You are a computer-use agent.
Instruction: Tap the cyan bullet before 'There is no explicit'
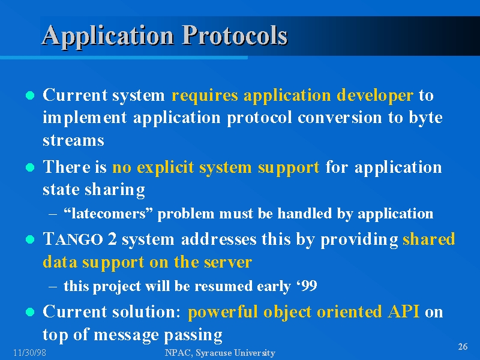(30, 167)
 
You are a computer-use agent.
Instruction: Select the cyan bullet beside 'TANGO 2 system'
(30, 239)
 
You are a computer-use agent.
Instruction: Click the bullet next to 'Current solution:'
(30, 312)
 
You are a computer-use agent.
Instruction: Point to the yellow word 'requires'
(205, 95)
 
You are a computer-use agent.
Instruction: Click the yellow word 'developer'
(375, 95)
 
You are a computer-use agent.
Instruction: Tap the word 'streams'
(73, 140)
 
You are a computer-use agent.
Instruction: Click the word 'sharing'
(115, 190)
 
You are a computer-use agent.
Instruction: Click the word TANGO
(73, 239)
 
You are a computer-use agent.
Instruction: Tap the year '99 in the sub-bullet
(307, 286)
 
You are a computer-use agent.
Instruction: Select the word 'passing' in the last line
(193, 335)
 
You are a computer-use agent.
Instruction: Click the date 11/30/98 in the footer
(29, 353)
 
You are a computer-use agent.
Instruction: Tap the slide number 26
(463, 347)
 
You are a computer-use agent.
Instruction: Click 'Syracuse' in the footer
(213, 353)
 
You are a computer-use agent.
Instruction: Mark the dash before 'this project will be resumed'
(52, 287)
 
